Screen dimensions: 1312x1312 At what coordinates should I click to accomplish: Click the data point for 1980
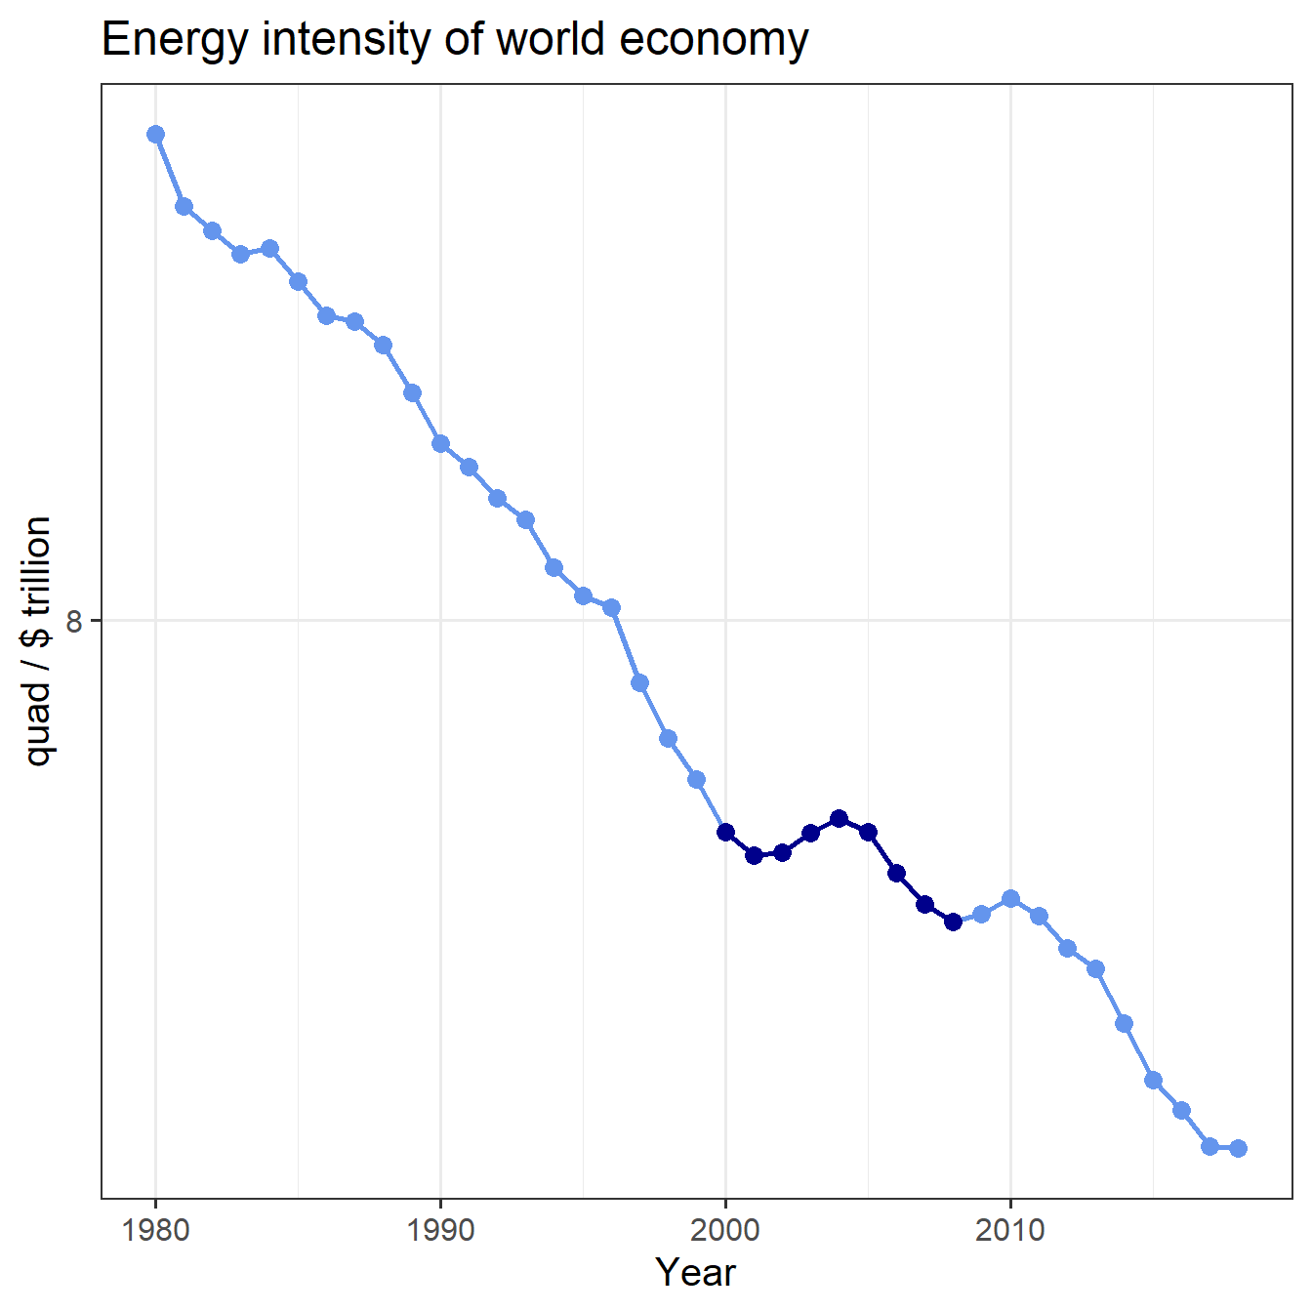pyautogui.click(x=155, y=134)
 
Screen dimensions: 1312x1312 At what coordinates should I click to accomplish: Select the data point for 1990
pyautogui.click(x=440, y=443)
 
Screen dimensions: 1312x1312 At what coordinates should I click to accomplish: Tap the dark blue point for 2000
pyautogui.click(x=725, y=832)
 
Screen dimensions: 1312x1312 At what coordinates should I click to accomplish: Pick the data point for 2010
pyautogui.click(x=1010, y=898)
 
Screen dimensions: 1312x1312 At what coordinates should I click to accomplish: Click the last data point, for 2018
pyautogui.click(x=1238, y=1148)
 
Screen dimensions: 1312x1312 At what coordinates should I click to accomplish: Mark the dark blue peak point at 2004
pyautogui.click(x=839, y=818)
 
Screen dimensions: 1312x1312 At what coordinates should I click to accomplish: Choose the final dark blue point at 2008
pyautogui.click(x=953, y=921)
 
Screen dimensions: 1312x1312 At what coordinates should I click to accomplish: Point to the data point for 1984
pyautogui.click(x=269, y=248)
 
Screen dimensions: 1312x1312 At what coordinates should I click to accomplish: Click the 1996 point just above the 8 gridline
pyautogui.click(x=611, y=607)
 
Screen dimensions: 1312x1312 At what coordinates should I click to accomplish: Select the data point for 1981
pyautogui.click(x=184, y=206)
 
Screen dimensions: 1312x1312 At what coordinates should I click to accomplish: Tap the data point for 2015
pyautogui.click(x=1153, y=1080)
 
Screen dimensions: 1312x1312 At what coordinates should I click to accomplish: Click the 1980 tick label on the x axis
pyautogui.click(x=155, y=1229)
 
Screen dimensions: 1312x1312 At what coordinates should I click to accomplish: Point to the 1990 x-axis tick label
pyautogui.click(x=440, y=1229)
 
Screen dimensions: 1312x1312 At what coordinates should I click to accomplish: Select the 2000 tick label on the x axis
pyautogui.click(x=725, y=1229)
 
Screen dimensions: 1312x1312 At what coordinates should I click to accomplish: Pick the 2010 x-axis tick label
pyautogui.click(x=1010, y=1229)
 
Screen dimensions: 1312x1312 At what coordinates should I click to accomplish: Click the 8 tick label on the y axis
pyautogui.click(x=74, y=620)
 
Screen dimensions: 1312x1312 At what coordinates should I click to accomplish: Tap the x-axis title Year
pyautogui.click(x=695, y=1272)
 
